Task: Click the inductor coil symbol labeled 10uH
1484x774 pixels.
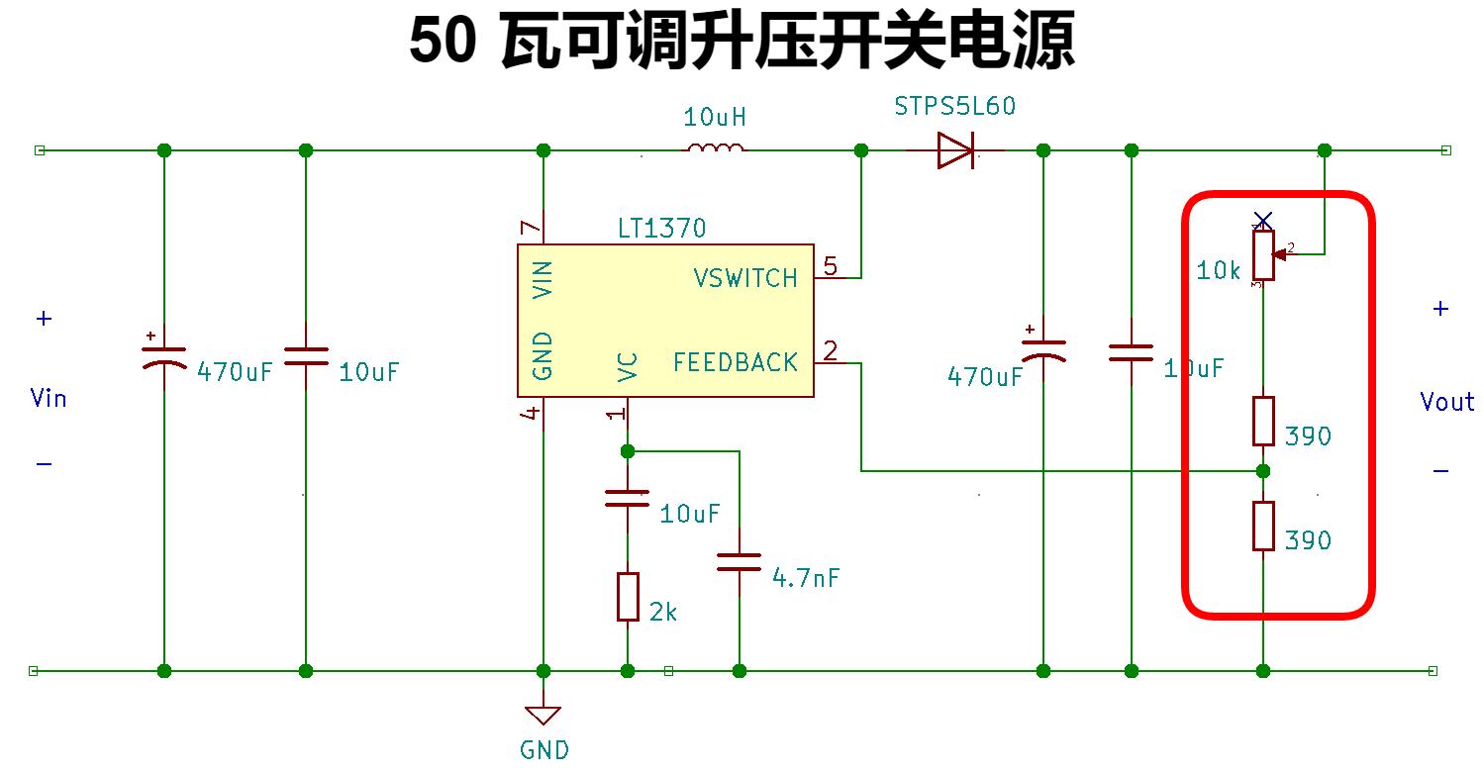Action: click(715, 149)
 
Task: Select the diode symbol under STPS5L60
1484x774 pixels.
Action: click(955, 150)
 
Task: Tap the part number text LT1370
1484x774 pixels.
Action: click(661, 229)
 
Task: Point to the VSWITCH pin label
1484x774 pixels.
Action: click(744, 278)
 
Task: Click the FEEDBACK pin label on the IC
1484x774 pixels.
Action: click(735, 363)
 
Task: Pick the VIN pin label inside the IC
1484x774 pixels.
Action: click(543, 279)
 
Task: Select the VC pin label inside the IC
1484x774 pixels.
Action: click(628, 366)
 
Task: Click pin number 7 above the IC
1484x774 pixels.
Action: click(532, 229)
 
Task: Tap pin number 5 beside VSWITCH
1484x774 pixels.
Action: click(830, 265)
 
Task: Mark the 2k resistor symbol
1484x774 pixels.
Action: click(628, 597)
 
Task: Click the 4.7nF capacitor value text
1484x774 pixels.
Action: click(806, 578)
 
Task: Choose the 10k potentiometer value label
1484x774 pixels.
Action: click(1218, 269)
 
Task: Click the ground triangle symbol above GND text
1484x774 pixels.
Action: click(544, 715)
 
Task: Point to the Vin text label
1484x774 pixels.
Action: click(49, 398)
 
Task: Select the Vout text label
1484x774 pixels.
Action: click(1446, 402)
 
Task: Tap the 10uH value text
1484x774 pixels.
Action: click(714, 118)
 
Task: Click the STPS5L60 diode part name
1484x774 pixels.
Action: click(954, 106)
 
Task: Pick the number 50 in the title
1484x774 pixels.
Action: click(442, 43)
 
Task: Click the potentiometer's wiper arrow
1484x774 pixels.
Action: click(1282, 254)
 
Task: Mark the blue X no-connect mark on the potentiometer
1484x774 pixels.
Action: click(1262, 219)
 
